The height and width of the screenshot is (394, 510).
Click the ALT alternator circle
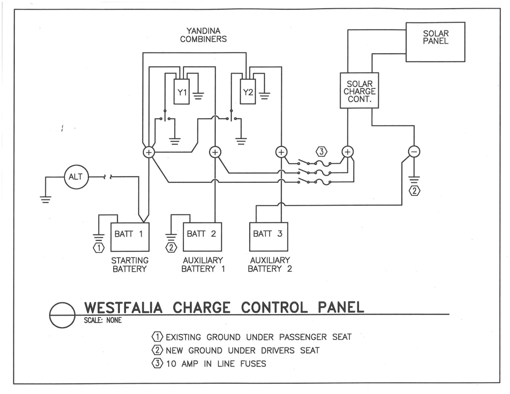pos(76,177)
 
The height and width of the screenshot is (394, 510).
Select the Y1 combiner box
pos(181,92)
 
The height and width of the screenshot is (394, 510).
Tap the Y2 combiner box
pos(248,92)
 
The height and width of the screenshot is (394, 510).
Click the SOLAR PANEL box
pos(435,42)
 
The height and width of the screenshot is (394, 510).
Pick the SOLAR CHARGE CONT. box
pos(359,91)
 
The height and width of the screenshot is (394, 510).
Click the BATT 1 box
pos(130,237)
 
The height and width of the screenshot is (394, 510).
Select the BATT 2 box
pos(202,237)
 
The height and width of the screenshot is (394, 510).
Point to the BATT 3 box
pos(268,237)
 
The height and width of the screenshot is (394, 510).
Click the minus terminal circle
pos(414,152)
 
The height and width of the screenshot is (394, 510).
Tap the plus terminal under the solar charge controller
pos(347,152)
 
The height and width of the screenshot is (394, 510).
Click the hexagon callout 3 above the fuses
pos(321,151)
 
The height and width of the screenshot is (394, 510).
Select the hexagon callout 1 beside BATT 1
pos(99,248)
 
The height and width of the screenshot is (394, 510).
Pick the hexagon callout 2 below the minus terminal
pos(414,191)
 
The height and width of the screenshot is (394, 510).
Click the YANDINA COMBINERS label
pos(203,35)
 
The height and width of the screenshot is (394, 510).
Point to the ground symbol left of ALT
pos(45,199)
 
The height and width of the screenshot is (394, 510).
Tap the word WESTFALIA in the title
pos(124,308)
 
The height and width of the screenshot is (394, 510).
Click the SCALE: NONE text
pos(103,320)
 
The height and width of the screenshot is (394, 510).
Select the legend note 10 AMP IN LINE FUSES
pos(216,364)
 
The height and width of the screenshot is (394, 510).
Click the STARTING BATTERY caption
pos(130,264)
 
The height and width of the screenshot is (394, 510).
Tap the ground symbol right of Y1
pos(198,95)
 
